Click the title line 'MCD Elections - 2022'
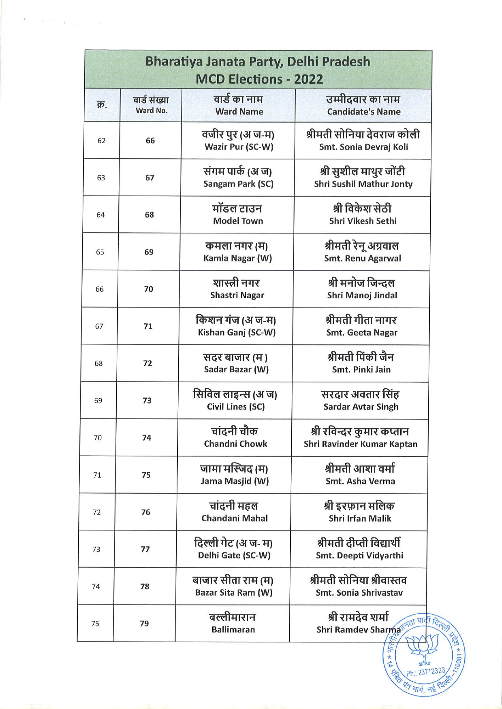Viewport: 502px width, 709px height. [259, 79]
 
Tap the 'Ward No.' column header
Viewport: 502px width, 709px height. [152, 110]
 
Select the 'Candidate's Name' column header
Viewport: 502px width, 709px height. [363, 112]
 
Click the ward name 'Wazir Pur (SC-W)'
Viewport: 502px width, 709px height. [239, 147]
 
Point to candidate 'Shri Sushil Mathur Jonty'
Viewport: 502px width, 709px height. [363, 184]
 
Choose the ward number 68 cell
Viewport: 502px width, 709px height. [150, 215]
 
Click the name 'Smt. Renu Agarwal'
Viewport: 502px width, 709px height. [362, 258]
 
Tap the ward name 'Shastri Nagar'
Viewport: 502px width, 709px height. [237, 295]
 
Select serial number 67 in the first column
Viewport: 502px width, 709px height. [99, 326]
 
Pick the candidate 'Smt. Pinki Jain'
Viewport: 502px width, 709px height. [361, 369]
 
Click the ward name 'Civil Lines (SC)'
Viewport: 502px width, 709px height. [235, 407]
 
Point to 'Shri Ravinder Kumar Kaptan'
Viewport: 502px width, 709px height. [360, 444]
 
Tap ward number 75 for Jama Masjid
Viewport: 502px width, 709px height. [146, 475]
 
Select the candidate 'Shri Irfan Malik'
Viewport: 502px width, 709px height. [360, 518]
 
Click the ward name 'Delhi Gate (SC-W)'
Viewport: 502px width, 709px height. [234, 555]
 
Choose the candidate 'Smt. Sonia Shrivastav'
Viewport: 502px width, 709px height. [359, 593]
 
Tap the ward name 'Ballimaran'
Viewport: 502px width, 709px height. [233, 630]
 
